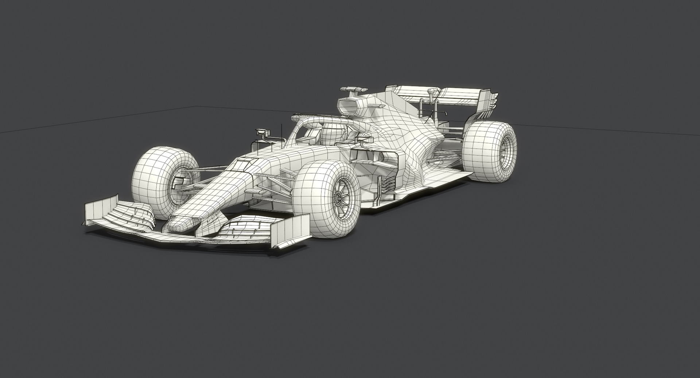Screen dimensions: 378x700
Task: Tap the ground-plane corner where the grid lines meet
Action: (x=197, y=106)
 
